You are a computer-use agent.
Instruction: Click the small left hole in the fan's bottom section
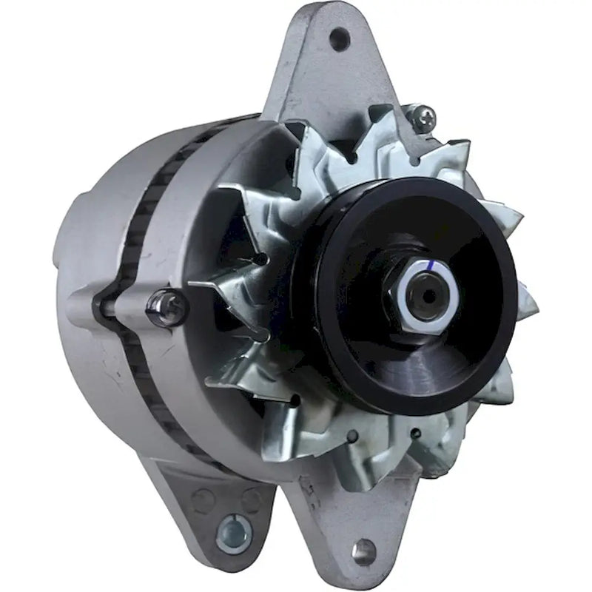pos(356,437)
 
